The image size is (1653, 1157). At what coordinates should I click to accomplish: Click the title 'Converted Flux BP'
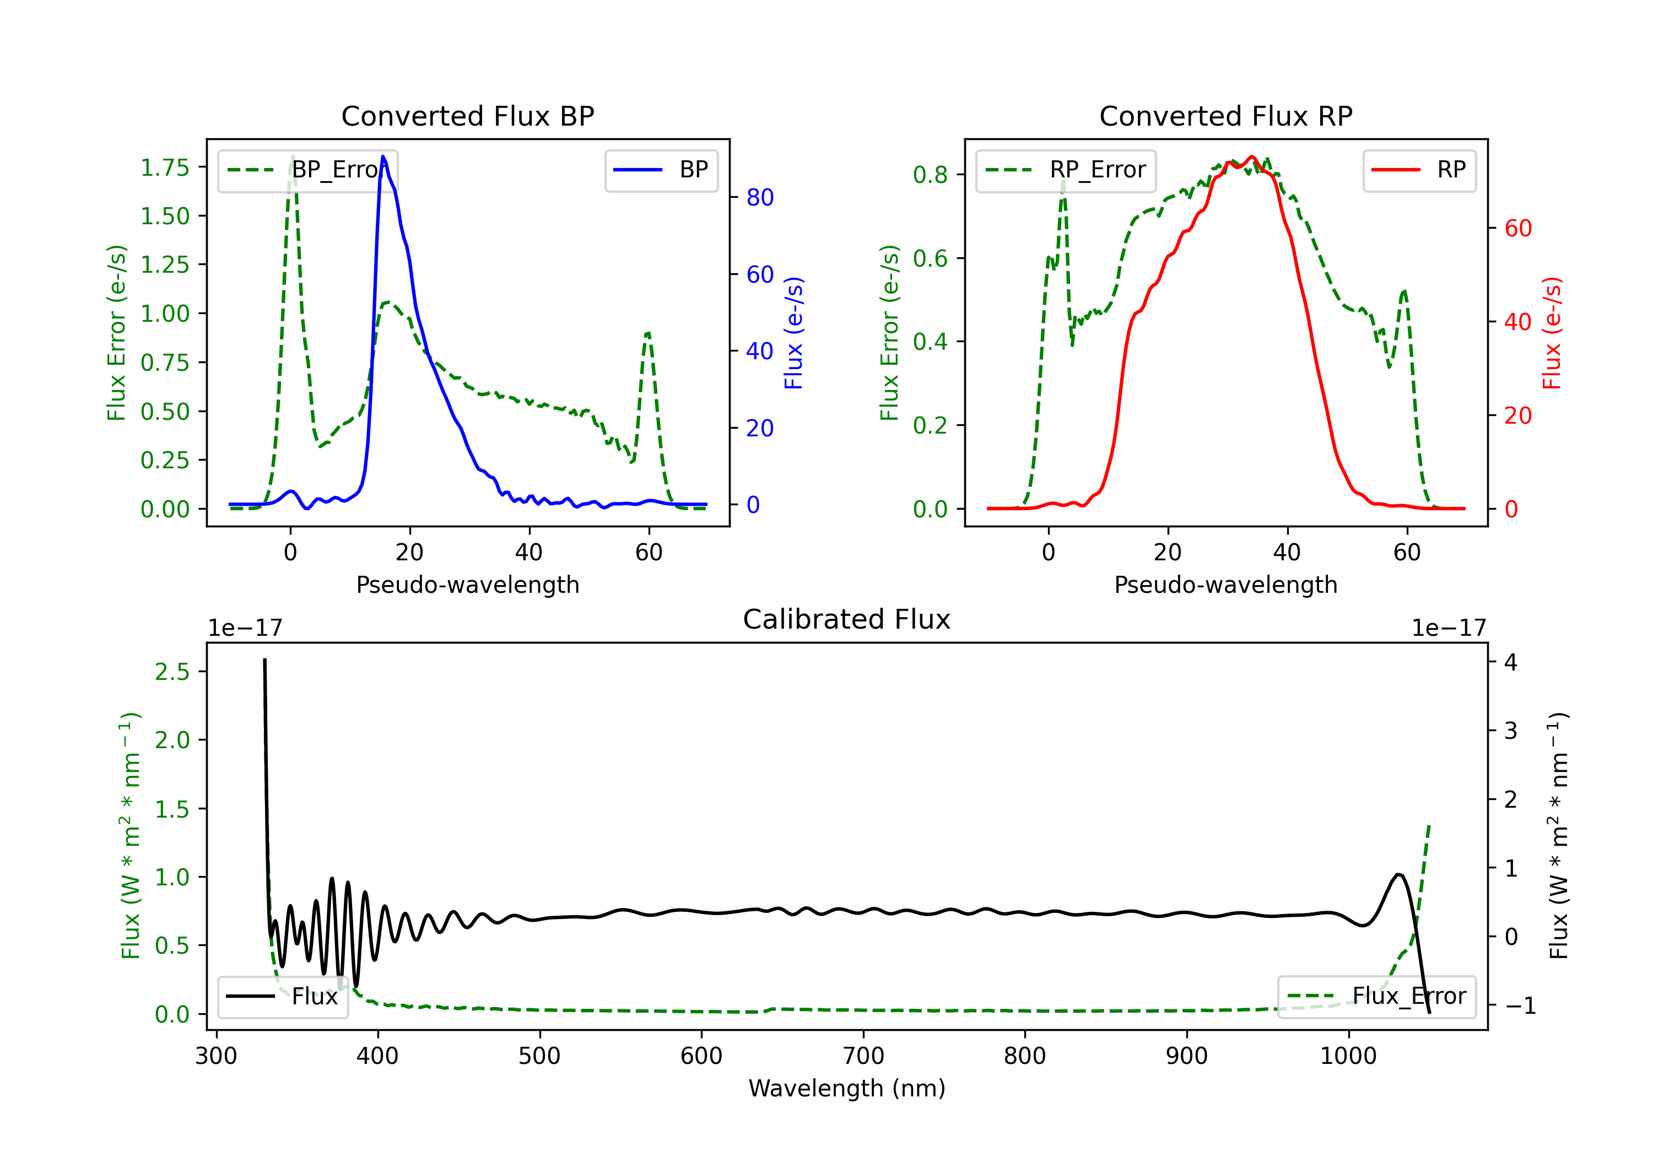[x=467, y=116]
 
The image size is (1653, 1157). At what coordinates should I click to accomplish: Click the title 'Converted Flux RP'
[x=1225, y=116]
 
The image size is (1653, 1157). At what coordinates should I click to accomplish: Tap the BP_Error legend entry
[x=307, y=170]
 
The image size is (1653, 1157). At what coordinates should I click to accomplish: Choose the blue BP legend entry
[x=661, y=170]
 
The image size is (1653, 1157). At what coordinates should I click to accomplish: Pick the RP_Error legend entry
[x=1066, y=170]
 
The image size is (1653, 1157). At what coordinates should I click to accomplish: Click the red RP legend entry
[x=1419, y=170]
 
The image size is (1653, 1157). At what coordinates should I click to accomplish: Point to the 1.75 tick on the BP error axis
[x=165, y=167]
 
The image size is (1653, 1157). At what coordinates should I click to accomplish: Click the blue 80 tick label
[x=759, y=197]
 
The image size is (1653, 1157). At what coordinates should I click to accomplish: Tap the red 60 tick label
[x=1517, y=228]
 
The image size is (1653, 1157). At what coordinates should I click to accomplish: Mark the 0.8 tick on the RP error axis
[x=930, y=174]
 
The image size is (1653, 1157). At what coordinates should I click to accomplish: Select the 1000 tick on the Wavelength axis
[x=1348, y=1056]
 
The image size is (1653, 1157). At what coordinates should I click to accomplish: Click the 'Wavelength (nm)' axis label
[x=847, y=1088]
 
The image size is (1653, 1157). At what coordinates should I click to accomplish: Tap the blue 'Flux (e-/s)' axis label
[x=793, y=333]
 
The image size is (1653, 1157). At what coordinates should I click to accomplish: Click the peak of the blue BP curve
[x=383, y=156]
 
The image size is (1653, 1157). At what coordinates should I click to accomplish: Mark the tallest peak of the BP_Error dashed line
[x=292, y=156]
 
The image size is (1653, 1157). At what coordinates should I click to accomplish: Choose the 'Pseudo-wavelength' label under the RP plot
[x=1225, y=585]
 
